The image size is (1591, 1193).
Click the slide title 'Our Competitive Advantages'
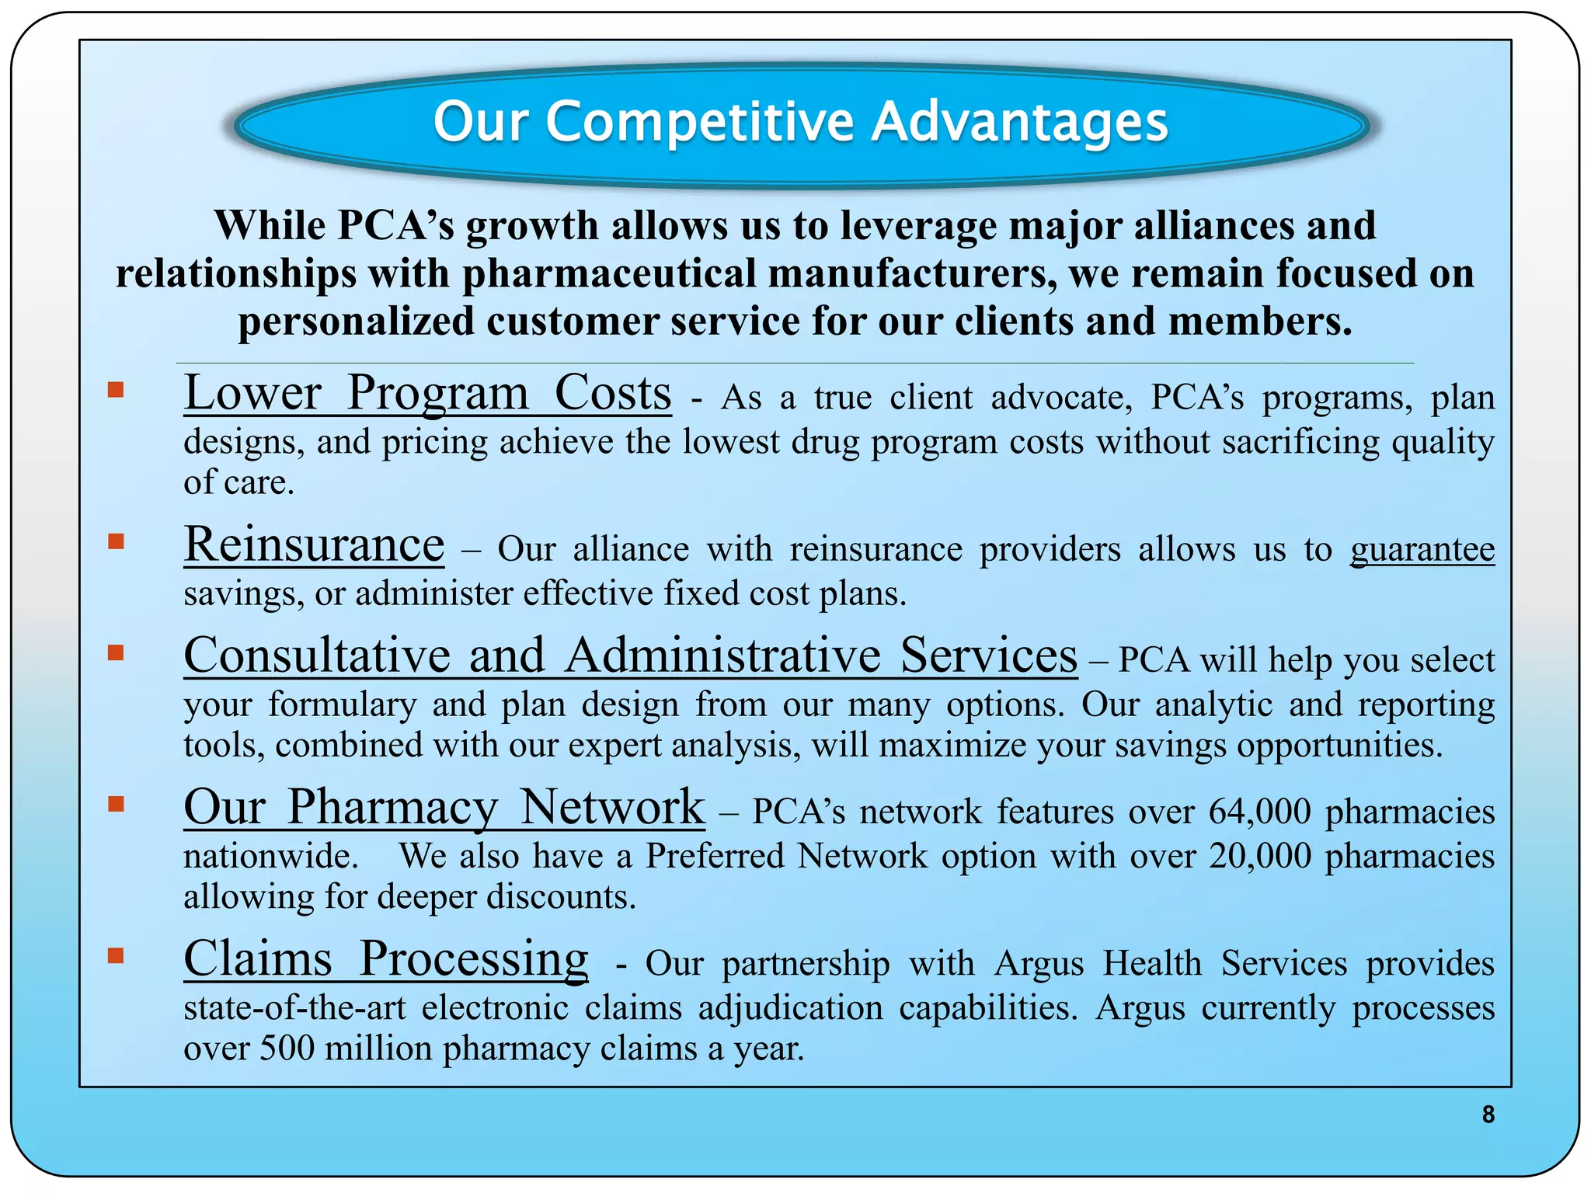point(800,122)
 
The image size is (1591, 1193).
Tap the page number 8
point(1488,1115)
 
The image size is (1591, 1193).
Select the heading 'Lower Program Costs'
point(427,393)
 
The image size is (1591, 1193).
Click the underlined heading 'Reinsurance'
point(314,544)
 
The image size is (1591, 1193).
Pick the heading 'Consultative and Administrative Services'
point(630,656)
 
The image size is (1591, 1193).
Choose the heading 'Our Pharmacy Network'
point(444,807)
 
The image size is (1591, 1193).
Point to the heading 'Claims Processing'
point(385,959)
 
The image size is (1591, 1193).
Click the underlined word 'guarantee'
point(1422,550)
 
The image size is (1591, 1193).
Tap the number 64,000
point(1259,812)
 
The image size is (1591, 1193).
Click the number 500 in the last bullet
point(287,1049)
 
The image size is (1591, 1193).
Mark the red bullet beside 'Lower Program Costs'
point(116,389)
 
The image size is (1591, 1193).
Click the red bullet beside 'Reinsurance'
point(116,541)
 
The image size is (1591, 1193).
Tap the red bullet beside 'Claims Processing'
point(116,955)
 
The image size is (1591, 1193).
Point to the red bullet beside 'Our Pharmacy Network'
point(116,803)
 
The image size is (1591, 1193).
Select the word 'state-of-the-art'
point(294,1009)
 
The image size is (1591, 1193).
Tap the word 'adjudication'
point(790,1009)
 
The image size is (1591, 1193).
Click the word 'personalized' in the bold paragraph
point(355,322)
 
